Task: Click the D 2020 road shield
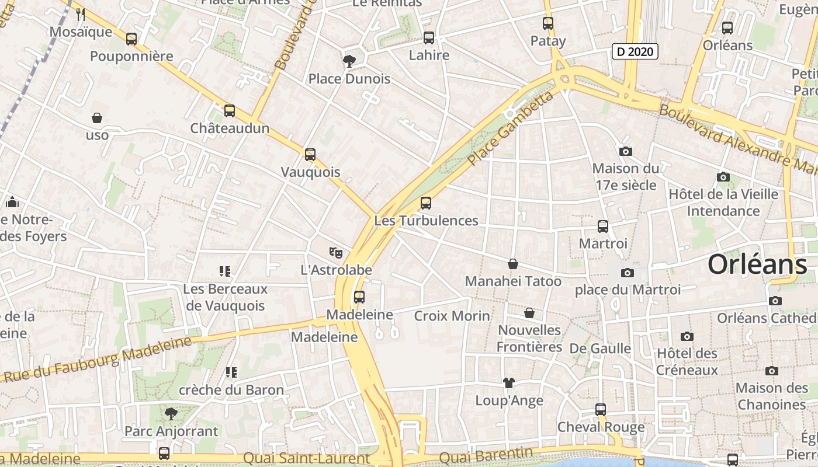pos(635,51)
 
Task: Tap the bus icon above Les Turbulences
pos(426,203)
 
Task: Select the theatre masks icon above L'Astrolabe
pos(335,252)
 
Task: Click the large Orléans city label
pos(757,264)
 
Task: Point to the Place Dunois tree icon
pos(349,61)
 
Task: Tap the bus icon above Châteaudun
pos(230,110)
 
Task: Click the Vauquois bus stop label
pos(310,172)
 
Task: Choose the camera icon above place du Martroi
pos(628,273)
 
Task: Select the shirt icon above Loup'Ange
pos(509,383)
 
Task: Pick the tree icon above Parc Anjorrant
pos(171,414)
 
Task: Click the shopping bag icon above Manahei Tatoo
pos(513,264)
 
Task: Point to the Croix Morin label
pos(452,316)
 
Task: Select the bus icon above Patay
pos(548,23)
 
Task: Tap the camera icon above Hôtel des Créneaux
pos(687,336)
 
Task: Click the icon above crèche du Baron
pos(231,372)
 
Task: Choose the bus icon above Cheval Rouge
pos(601,409)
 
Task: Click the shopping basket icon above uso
pos(97,118)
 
